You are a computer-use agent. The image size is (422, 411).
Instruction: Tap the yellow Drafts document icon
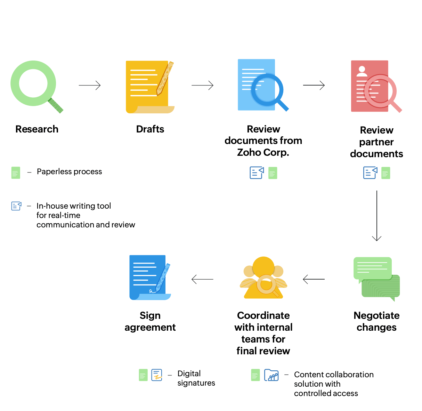149,87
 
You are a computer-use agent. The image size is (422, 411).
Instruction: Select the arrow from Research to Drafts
90,85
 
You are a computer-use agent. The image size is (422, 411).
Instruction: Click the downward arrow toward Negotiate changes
377,216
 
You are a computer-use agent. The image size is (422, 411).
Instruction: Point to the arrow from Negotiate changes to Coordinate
314,279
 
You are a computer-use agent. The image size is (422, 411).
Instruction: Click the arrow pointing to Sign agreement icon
202,279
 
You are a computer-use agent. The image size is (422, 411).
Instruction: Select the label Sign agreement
150,321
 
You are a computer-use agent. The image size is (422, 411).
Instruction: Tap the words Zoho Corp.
263,153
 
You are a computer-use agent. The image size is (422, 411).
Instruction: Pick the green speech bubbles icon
376,278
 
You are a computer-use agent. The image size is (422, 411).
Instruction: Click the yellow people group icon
263,278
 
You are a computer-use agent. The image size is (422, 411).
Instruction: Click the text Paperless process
70,171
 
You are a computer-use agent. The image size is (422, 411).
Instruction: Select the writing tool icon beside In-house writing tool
16,206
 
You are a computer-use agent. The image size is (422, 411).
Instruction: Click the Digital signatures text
196,378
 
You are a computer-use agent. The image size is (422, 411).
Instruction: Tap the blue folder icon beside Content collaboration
271,375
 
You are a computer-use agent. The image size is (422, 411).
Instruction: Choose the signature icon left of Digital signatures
157,375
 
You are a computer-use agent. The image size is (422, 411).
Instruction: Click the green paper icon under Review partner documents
386,173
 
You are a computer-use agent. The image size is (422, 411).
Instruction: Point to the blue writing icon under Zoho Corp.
257,173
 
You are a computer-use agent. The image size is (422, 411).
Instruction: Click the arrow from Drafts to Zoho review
202,85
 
